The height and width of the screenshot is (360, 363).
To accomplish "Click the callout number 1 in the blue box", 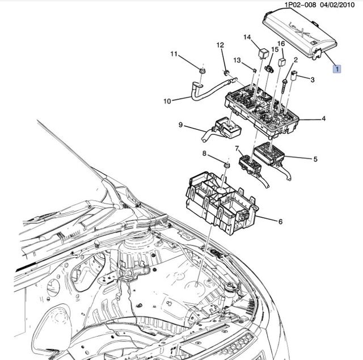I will click(337, 69).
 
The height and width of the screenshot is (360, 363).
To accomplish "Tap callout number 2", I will click(296, 60).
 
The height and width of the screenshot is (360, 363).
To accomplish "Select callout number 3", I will click(313, 80).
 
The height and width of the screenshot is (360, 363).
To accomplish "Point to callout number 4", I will click(323, 119).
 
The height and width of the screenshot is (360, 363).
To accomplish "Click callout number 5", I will click(315, 159).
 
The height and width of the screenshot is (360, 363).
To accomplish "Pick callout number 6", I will click(280, 222).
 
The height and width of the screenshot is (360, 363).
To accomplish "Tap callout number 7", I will click(237, 149).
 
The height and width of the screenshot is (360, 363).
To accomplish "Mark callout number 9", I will click(180, 125).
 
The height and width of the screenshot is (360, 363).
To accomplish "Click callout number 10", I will click(167, 102).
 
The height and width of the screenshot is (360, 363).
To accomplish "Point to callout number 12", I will click(220, 45).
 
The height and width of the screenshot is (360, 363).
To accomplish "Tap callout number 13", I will click(237, 60).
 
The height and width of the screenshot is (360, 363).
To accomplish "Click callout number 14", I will click(247, 37).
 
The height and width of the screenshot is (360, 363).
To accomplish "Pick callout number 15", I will click(275, 50).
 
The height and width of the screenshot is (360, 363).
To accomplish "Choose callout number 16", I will click(281, 44).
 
